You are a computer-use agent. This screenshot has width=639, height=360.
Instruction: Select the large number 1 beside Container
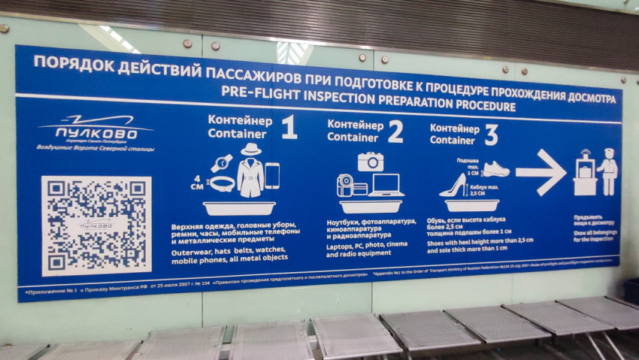[289, 128]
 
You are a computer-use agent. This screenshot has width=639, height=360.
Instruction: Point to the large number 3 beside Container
[490, 134]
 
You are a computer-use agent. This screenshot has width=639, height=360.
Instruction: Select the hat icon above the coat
[250, 149]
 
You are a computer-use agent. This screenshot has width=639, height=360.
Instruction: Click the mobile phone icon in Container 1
[271, 176]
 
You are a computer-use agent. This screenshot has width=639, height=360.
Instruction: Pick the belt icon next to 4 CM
[223, 183]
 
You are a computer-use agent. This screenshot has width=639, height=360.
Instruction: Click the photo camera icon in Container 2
[371, 162]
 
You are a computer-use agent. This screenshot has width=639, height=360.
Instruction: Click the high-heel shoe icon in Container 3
[454, 185]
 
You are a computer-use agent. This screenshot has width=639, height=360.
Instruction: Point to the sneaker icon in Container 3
[495, 169]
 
